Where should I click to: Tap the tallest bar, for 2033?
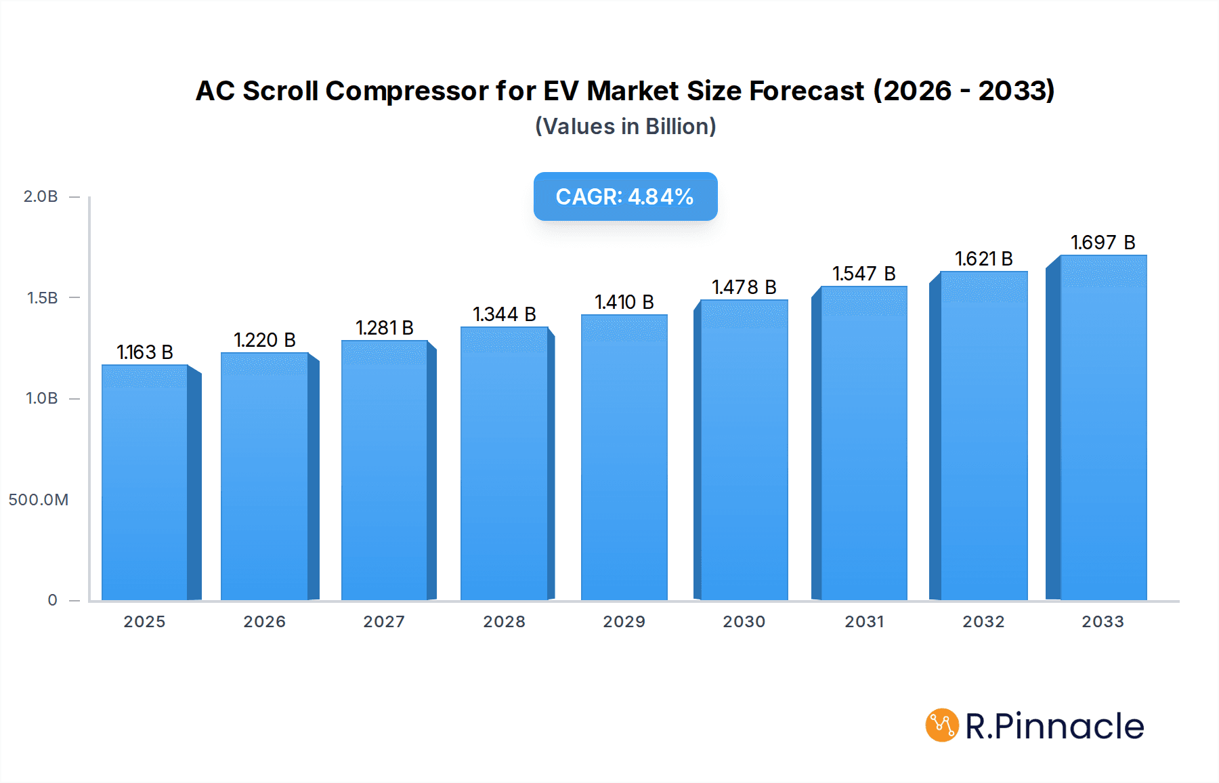point(1103,427)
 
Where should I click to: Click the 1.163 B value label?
point(145,352)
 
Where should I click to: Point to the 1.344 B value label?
point(505,314)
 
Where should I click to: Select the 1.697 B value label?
point(1103,242)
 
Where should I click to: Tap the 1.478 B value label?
point(744,287)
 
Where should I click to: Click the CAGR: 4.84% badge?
point(625,196)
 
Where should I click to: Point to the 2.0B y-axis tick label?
point(41,196)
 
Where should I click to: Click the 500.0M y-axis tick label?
point(39,500)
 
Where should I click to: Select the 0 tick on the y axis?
point(52,600)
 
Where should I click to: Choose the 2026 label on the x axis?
point(264,622)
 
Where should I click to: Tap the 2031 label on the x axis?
point(864,622)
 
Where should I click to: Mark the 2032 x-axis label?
point(983,622)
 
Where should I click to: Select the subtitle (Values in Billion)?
point(625,127)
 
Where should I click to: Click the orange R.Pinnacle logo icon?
point(942,725)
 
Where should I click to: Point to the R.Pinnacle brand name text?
point(1054,726)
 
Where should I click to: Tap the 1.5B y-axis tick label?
point(42,298)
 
